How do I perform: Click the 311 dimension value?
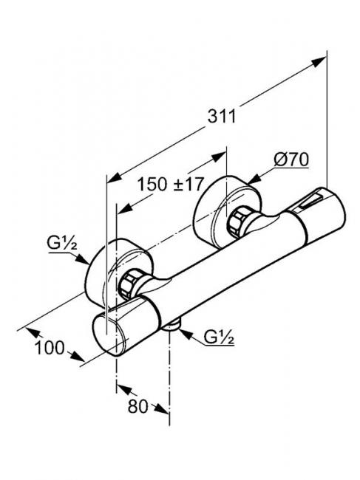[x=222, y=117]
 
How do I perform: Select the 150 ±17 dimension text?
[x=170, y=185]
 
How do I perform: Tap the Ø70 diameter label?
[x=291, y=160]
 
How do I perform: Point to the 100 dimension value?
[x=50, y=348]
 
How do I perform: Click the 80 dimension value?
[x=137, y=407]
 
